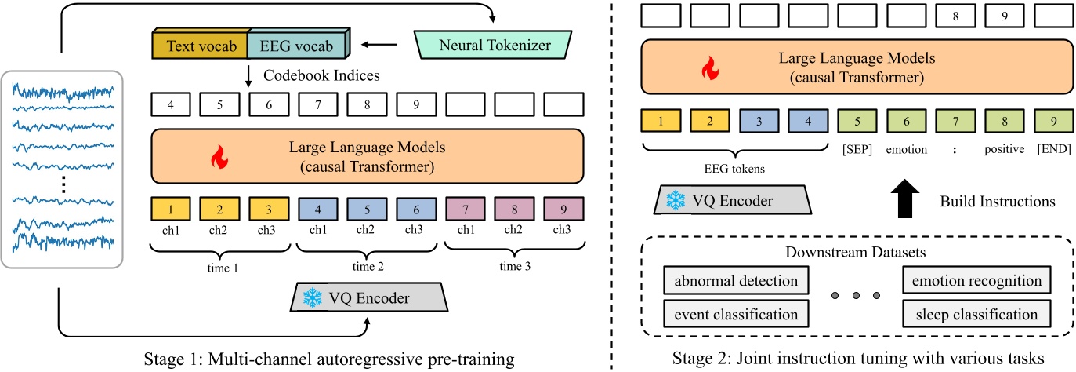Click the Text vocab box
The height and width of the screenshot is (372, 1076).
199,46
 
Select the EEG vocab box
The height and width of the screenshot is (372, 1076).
297,46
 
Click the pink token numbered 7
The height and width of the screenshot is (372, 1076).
466,210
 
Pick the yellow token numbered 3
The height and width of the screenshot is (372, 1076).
269,210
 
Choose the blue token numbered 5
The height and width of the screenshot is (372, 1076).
367,210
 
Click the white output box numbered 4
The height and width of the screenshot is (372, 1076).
170,104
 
